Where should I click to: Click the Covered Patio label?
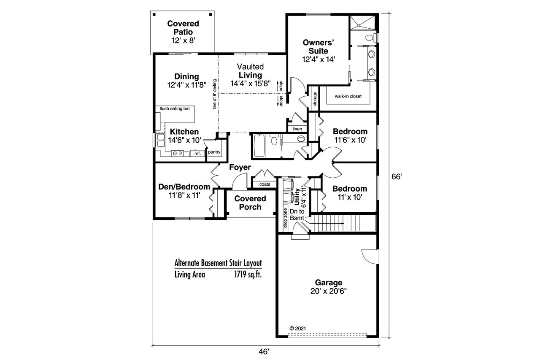(x=183, y=27)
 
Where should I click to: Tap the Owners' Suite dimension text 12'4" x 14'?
(x=319, y=60)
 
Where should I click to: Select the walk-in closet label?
(x=348, y=96)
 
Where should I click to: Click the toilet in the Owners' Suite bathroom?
(x=370, y=38)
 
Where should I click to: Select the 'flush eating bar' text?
(x=174, y=109)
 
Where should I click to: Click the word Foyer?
(x=240, y=168)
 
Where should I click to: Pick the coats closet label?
(x=265, y=184)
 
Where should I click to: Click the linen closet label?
(x=297, y=128)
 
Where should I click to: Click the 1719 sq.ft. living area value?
(x=248, y=275)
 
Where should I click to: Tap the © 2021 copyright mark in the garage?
(x=297, y=328)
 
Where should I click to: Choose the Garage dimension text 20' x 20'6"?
(x=329, y=291)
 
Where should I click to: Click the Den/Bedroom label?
(x=184, y=187)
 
